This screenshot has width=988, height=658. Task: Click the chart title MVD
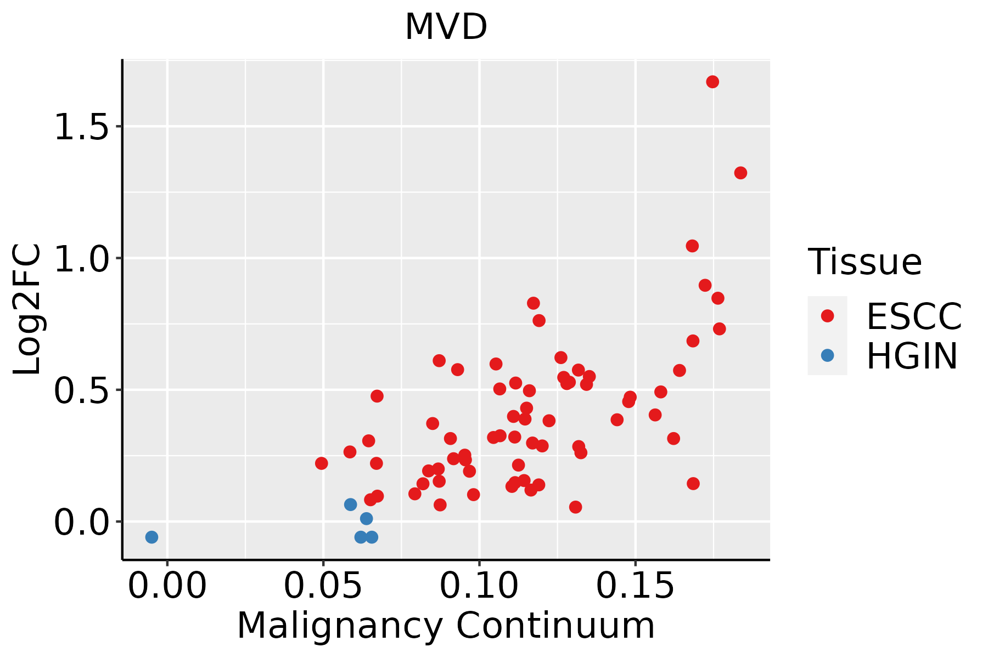tap(446, 27)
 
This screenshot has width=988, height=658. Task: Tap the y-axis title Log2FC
tap(27, 309)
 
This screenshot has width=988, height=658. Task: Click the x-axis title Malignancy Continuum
tap(446, 626)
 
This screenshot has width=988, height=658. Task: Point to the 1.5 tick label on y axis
tap(81, 128)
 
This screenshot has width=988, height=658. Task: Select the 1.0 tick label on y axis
tap(81, 259)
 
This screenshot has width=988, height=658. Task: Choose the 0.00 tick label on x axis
tap(167, 586)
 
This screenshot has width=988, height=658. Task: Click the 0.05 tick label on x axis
tap(323, 586)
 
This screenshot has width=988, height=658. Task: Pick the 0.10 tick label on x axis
tap(479, 586)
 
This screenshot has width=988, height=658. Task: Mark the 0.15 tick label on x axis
tap(635, 586)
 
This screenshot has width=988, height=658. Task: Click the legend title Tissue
tap(864, 262)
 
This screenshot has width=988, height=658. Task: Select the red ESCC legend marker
tap(827, 315)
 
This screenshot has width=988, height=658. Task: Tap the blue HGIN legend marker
tap(827, 355)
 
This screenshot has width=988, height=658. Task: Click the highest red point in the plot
tap(712, 82)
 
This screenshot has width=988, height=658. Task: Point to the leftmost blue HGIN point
tap(151, 537)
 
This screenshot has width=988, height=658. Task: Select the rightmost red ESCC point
tap(740, 173)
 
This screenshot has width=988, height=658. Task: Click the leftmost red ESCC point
tap(322, 463)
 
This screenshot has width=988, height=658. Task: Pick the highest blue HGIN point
tap(351, 504)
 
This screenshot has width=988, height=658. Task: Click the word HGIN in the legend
tap(912, 356)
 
